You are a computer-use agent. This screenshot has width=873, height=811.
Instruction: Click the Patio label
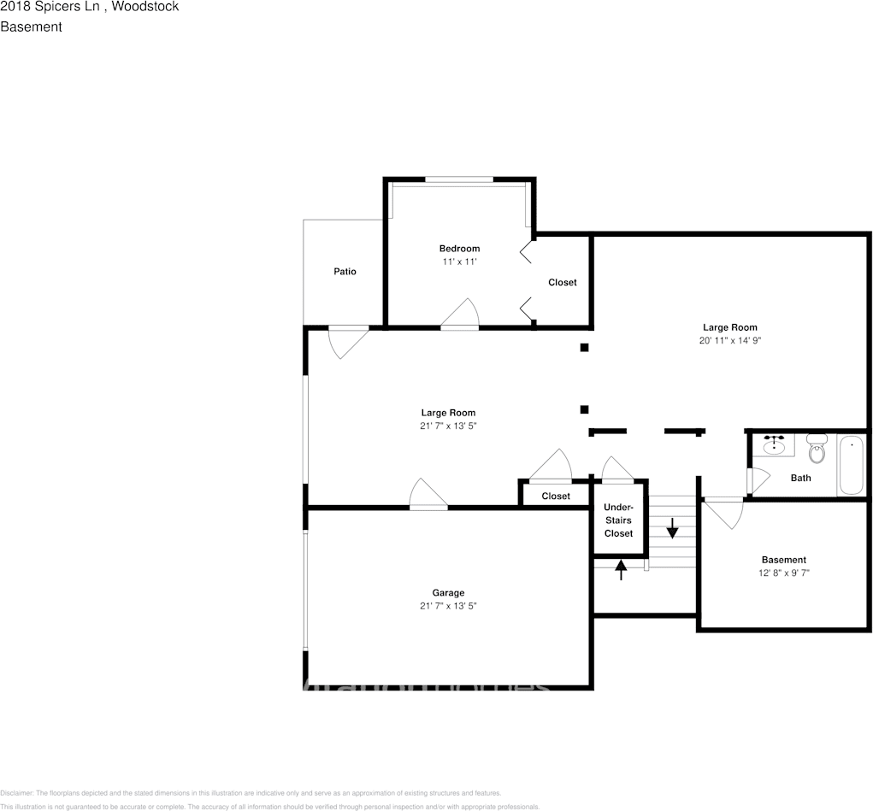click(345, 272)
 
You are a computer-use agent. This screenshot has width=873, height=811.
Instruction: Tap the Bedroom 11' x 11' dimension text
click(459, 262)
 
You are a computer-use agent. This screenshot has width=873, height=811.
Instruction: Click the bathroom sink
click(775, 446)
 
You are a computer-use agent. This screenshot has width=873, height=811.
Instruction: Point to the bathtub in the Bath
click(851, 465)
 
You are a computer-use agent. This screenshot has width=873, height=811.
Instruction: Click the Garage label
click(448, 592)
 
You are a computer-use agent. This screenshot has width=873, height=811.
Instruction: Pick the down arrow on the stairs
click(672, 528)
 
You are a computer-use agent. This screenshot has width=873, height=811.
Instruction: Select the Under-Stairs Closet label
click(618, 520)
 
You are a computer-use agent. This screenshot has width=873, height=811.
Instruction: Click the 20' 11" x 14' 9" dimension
click(729, 340)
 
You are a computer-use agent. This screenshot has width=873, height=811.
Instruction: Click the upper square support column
click(585, 347)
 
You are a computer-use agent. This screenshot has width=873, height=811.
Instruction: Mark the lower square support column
click(585, 409)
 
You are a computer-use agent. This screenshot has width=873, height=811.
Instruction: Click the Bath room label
click(800, 478)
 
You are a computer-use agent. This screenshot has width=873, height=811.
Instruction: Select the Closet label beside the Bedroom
click(562, 282)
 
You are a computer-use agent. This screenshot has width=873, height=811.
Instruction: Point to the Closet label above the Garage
click(555, 496)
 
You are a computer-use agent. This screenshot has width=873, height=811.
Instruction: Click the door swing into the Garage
click(428, 494)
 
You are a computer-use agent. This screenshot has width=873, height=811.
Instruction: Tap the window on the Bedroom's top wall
click(459, 179)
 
